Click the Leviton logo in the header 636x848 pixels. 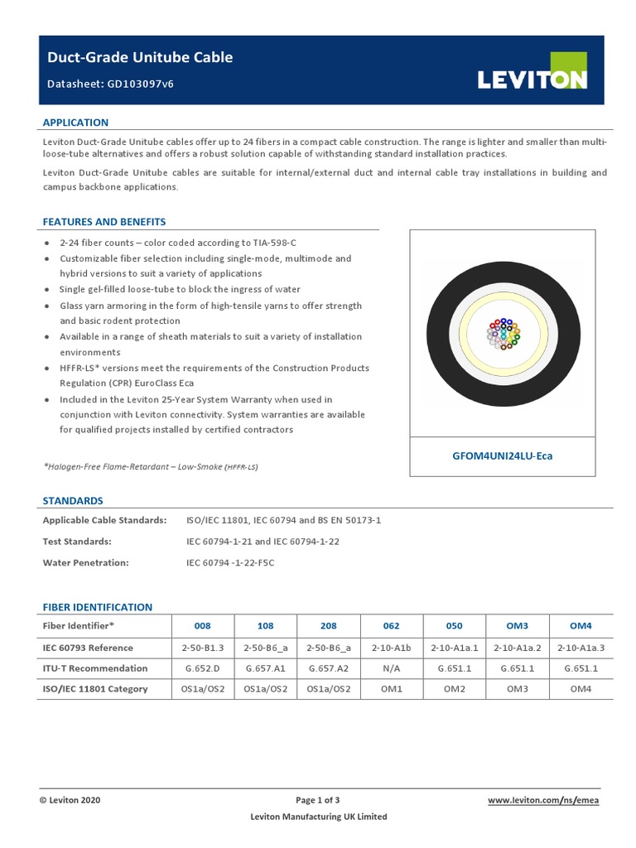(x=532, y=78)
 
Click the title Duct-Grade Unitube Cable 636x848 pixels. (x=138, y=57)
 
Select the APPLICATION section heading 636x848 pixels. (x=75, y=123)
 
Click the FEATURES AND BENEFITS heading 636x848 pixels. (x=104, y=222)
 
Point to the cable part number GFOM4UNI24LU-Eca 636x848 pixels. (x=503, y=455)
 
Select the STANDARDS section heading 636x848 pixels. (x=73, y=501)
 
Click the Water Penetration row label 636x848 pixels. (x=86, y=562)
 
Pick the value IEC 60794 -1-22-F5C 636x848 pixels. (x=230, y=562)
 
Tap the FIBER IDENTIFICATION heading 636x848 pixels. (x=98, y=607)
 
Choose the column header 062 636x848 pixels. (x=392, y=626)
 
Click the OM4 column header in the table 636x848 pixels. (x=580, y=626)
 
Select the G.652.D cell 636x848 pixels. (x=203, y=668)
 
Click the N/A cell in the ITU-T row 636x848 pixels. (x=392, y=668)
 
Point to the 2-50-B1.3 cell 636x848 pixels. (x=203, y=648)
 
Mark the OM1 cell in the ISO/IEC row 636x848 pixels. (x=392, y=689)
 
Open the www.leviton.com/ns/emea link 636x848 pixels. (x=542, y=800)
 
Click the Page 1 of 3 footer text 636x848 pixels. (x=318, y=800)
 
